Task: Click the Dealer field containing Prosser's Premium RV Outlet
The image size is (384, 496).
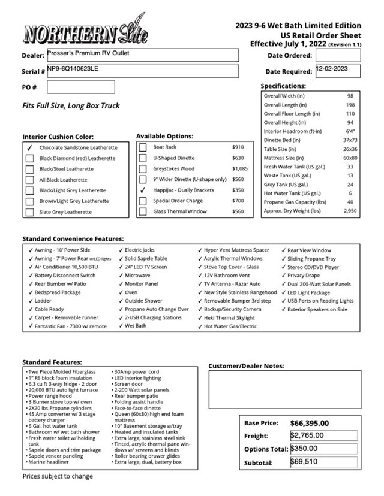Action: tap(142, 55)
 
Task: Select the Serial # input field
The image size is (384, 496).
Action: tap(142, 71)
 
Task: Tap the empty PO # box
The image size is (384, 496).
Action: tap(80, 87)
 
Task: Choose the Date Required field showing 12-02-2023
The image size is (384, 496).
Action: tap(338, 71)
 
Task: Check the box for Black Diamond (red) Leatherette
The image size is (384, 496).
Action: tap(29, 158)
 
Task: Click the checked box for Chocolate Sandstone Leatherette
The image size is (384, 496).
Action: tap(29, 147)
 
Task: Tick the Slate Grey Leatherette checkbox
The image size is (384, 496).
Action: tap(29, 212)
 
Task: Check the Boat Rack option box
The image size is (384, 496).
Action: tap(143, 147)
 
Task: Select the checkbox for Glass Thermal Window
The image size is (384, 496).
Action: tap(143, 211)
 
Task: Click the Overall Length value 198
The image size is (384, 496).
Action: tap(350, 105)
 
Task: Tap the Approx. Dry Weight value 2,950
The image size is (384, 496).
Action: tap(350, 211)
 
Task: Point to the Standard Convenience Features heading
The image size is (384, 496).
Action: tap(73, 238)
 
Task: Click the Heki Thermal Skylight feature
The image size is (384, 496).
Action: tap(229, 318)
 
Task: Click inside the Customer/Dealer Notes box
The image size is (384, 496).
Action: tap(284, 389)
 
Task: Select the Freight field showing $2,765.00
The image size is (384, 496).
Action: tap(323, 435)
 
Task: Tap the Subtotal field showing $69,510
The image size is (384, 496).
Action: tap(323, 462)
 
